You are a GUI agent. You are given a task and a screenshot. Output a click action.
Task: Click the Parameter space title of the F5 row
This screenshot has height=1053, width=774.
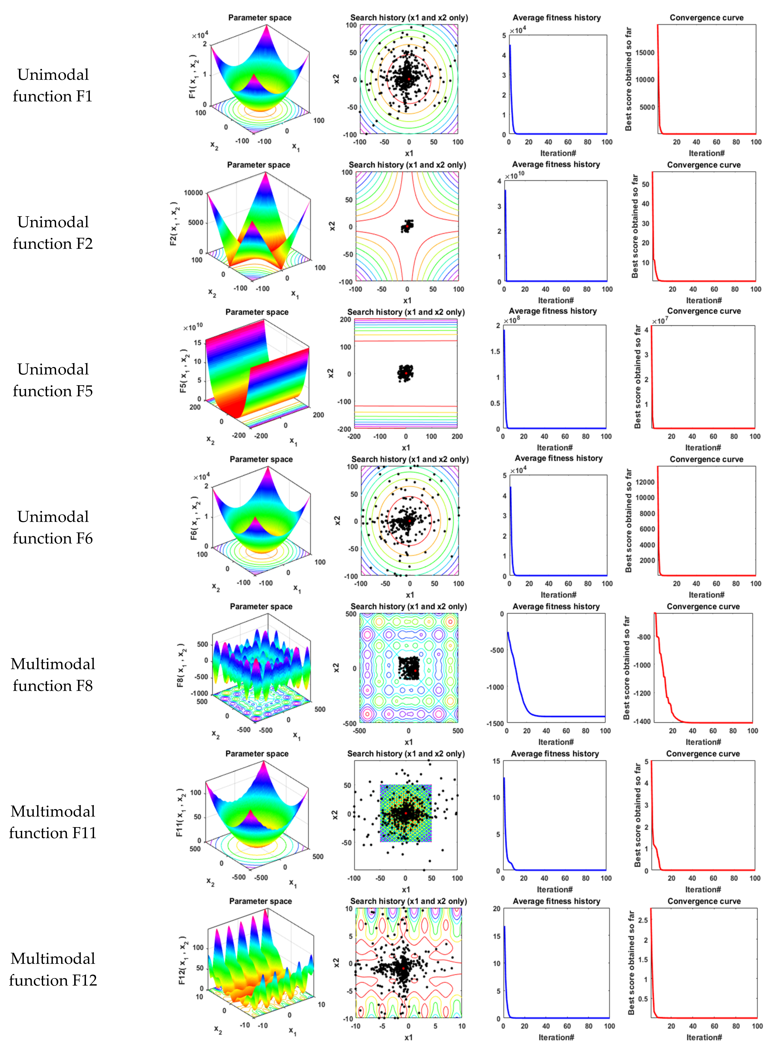pyautogui.click(x=257, y=312)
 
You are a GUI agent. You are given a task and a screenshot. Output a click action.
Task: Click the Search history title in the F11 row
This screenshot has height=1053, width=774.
pyautogui.click(x=406, y=754)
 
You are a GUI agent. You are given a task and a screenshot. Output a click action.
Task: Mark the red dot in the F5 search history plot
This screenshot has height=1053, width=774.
pyautogui.click(x=405, y=373)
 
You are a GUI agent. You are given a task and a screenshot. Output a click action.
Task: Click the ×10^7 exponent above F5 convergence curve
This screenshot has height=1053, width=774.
pyautogui.click(x=660, y=321)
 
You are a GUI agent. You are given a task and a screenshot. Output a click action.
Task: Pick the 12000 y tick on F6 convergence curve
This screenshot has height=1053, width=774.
pyautogui.click(x=645, y=482)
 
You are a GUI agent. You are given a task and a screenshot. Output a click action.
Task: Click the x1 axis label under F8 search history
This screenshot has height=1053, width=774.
pyautogui.click(x=409, y=742)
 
